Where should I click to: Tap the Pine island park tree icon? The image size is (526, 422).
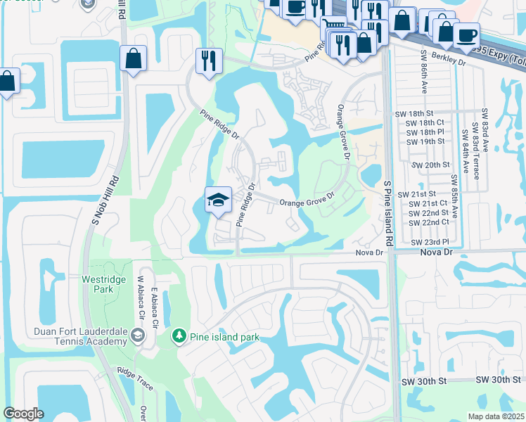point(180,337)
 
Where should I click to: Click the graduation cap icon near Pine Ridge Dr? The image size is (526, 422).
point(218,200)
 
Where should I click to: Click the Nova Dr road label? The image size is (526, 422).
point(369,252)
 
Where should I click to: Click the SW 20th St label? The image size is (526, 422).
point(430,165)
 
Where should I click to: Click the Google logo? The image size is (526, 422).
point(23,414)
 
